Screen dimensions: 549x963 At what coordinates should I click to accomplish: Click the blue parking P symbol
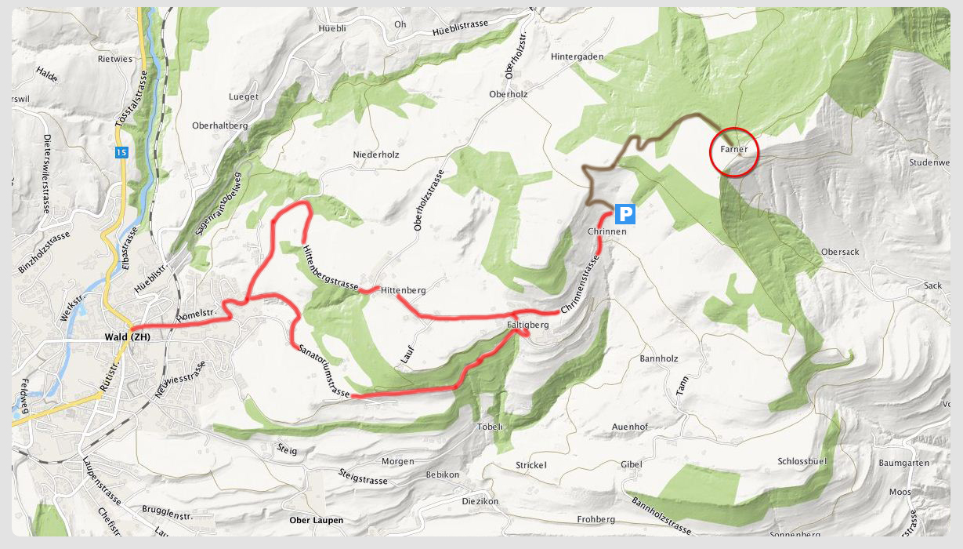[625, 213]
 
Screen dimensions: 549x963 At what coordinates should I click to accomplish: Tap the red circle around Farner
[734, 150]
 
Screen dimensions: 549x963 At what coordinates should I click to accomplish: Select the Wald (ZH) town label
[127, 337]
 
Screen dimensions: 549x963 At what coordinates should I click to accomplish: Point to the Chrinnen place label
[607, 232]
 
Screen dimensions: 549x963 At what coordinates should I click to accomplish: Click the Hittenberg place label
[403, 290]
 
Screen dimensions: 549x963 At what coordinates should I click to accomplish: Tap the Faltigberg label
[527, 324]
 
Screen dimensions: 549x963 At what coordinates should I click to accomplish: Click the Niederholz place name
[376, 155]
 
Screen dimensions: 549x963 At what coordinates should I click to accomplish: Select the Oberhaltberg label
[220, 125]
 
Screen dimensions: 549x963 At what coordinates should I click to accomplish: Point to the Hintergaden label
[577, 56]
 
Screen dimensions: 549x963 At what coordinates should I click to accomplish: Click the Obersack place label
[840, 252]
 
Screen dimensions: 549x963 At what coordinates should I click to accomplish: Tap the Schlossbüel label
[802, 461]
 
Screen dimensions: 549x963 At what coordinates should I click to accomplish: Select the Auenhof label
[629, 427]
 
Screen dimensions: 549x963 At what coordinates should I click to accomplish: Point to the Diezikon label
[480, 501]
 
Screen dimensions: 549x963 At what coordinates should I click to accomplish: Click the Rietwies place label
[115, 59]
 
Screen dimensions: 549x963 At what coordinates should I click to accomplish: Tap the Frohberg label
[596, 519]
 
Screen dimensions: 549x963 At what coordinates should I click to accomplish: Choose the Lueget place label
[243, 96]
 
